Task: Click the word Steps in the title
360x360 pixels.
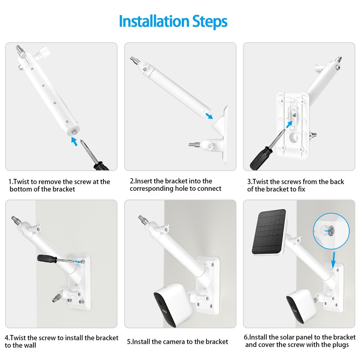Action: point(210,22)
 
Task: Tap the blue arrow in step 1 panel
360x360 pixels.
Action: point(74,141)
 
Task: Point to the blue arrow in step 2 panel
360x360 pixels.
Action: point(208,114)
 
